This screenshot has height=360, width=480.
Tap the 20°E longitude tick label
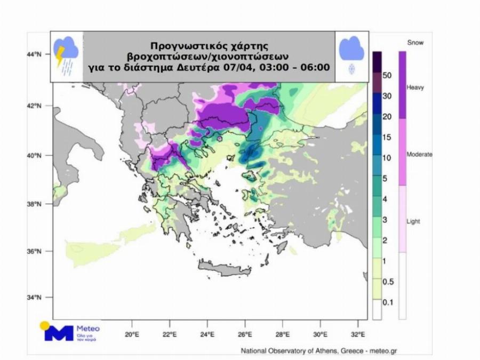click(x=132, y=335)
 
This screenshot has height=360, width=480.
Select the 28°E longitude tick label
click(x=283, y=335)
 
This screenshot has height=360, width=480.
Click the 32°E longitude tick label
click(x=358, y=335)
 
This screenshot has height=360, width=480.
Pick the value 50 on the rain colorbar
click(x=387, y=75)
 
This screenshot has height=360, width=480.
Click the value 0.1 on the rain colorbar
click(x=388, y=302)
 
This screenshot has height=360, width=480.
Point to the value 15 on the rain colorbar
click(x=387, y=137)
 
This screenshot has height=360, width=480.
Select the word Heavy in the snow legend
click(x=415, y=87)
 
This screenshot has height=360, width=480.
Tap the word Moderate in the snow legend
click(x=419, y=155)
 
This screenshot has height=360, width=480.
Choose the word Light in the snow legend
click(x=414, y=221)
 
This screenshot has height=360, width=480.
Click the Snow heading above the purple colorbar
click(x=415, y=43)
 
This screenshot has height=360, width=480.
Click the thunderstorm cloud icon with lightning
click(x=67, y=55)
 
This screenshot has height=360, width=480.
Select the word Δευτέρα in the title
click(x=203, y=67)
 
